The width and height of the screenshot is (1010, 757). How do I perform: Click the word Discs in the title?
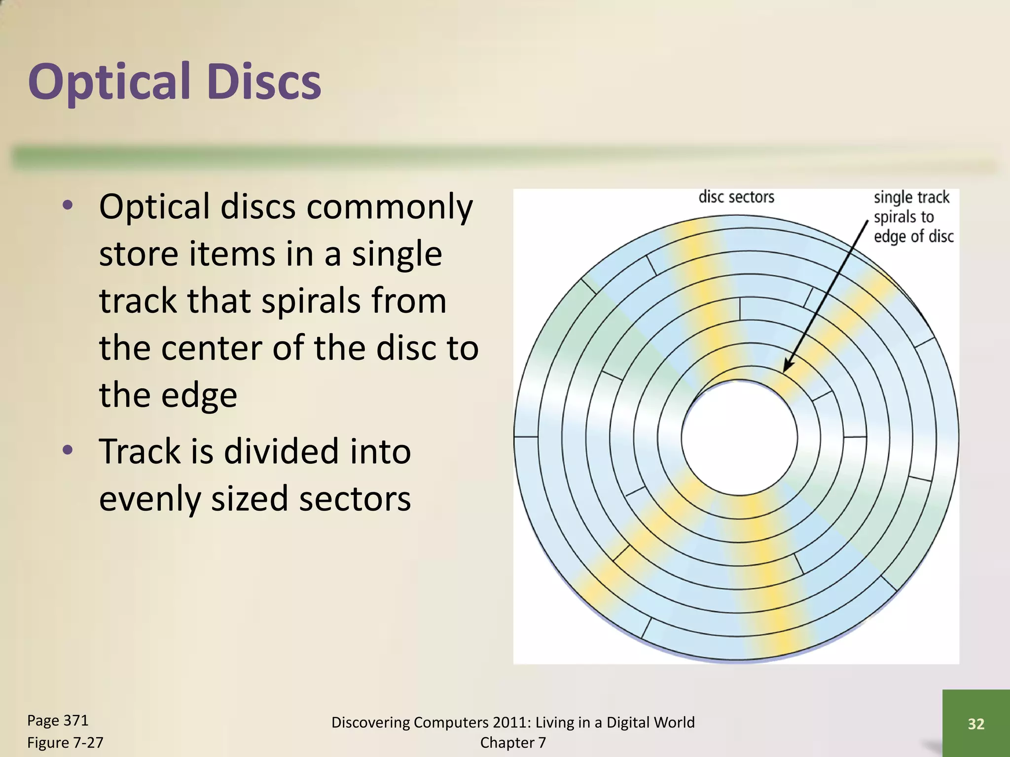(264, 82)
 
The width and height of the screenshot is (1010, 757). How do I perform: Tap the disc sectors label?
(736, 197)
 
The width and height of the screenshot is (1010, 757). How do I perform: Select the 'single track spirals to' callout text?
(911, 207)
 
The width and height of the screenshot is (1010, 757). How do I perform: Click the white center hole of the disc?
(739, 437)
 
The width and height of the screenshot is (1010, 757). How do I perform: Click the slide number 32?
(976, 723)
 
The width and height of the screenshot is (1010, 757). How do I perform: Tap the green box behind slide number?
(976, 700)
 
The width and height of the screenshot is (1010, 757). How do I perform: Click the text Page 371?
(58, 721)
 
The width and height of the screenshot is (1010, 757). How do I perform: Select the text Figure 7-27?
(65, 742)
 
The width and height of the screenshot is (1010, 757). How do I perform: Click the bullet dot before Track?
(68, 449)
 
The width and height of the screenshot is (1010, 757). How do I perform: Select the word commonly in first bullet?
(390, 207)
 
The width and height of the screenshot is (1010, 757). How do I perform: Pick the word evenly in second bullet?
(150, 499)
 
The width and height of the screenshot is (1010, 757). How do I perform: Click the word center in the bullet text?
(212, 348)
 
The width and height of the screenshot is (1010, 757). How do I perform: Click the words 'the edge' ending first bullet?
(168, 395)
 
